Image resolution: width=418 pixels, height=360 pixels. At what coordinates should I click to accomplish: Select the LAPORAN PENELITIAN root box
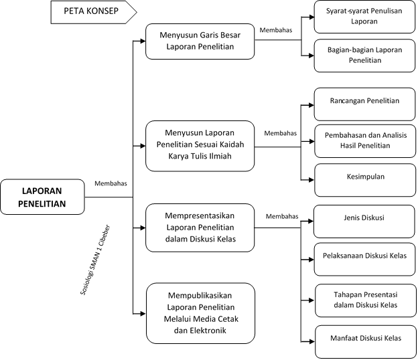(x=42, y=197)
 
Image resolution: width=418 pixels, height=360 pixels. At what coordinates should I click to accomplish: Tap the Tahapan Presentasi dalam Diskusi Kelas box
(x=366, y=298)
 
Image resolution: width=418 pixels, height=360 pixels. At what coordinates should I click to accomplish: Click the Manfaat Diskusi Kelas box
(x=366, y=338)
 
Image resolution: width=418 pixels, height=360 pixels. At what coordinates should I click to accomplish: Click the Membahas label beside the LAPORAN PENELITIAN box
(x=111, y=183)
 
